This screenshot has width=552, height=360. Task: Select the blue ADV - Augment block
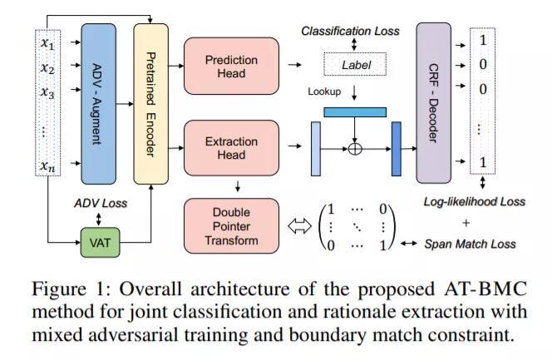click(99, 102)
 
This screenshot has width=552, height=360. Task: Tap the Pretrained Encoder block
click(150, 102)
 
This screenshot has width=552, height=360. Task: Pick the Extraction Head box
click(231, 149)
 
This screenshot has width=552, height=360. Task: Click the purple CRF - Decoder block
click(433, 102)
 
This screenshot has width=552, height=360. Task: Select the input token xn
click(47, 166)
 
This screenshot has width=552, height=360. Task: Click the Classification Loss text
click(350, 31)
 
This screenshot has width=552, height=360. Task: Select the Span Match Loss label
click(471, 244)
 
